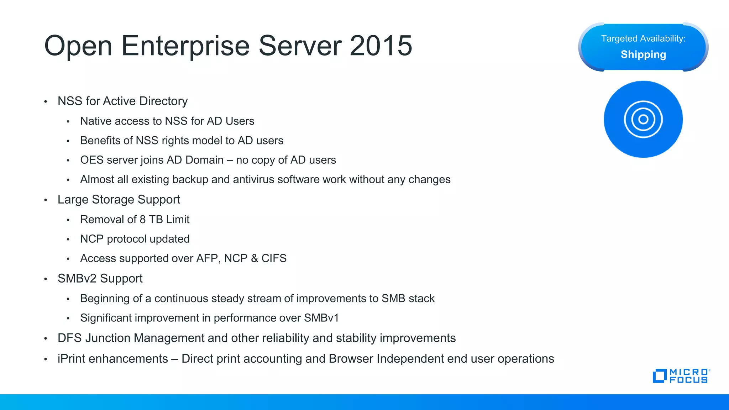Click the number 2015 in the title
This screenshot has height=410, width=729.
[x=381, y=46]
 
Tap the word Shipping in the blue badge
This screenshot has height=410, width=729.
[x=643, y=54]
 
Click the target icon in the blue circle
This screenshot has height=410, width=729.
[x=643, y=119]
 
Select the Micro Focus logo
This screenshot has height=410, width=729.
[x=681, y=376]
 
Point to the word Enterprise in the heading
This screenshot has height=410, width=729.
[x=185, y=46]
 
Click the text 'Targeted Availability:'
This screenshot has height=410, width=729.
[x=643, y=38]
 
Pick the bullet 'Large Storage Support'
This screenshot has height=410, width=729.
[x=119, y=200]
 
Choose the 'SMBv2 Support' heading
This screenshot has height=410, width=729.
[x=100, y=278]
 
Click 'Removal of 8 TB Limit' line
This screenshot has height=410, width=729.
[x=135, y=219]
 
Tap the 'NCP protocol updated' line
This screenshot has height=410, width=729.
[x=135, y=239]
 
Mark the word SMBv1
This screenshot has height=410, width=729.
[x=321, y=318]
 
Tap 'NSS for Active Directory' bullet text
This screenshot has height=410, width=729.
[x=122, y=101]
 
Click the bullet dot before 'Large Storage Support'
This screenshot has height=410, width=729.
[x=46, y=200]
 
